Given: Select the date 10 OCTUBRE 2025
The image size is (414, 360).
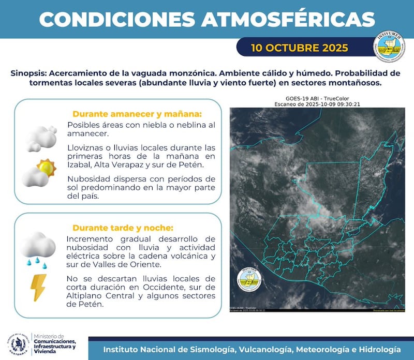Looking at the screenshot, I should point(299,48).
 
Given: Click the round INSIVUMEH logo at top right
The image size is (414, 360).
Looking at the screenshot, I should point(389,48).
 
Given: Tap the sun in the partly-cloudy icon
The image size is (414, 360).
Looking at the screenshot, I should point(46,167).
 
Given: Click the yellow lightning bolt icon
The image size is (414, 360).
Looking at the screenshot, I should point(39,288).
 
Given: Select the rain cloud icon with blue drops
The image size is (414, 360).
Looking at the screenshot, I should point(38,249).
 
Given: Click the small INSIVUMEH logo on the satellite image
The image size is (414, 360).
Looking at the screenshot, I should point(249,279).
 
